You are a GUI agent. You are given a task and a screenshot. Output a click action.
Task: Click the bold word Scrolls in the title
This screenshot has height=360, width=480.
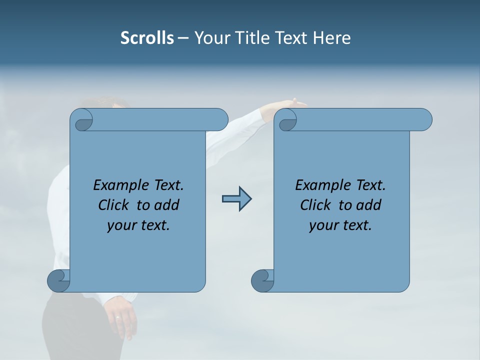point(147,38)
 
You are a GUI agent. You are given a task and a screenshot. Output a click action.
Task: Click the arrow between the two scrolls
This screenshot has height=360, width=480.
point(236,199)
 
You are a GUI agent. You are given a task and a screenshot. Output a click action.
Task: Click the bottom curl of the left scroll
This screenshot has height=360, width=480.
point(58,280)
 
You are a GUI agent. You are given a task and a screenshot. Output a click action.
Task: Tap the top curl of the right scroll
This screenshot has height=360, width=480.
point(287,120)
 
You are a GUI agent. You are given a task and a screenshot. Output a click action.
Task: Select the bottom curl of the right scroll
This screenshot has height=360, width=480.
point(262,280)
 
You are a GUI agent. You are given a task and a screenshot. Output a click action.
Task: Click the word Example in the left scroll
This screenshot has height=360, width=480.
point(118,185)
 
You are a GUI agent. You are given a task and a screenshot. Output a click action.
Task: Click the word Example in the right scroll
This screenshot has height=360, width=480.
point(320,185)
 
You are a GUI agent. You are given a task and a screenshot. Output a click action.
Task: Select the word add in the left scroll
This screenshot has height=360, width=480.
point(167,205)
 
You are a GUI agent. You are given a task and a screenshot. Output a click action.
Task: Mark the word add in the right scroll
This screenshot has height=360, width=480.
point(369,205)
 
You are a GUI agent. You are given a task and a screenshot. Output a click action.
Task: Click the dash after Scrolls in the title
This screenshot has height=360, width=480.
point(182,38)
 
